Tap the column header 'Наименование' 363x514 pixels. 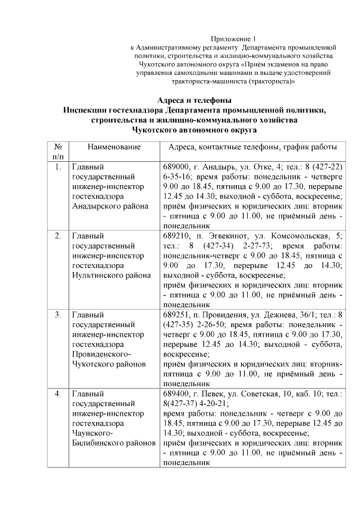[x=114, y=147]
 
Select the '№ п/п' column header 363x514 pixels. [x=58, y=152]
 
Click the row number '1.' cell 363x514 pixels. [x=58, y=168]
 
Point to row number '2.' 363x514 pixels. [x=58, y=235]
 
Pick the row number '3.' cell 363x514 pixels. [x=58, y=314]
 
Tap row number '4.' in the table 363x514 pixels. [x=58, y=392]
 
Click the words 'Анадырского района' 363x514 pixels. [x=110, y=207]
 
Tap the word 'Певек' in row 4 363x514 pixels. [x=213, y=392]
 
